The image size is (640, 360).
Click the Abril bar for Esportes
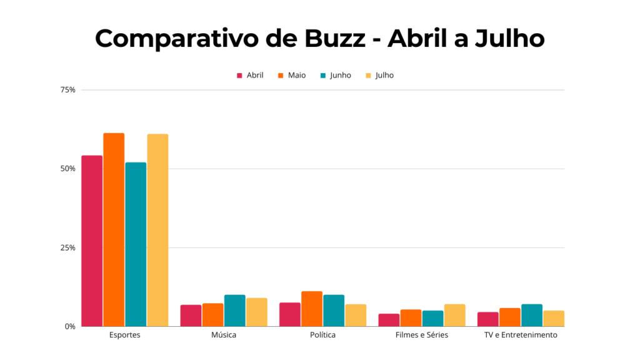coord(92,241)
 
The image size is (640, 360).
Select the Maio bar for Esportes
coord(114,229)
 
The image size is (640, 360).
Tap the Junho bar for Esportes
coord(136,244)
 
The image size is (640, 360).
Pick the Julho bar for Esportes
coord(157,230)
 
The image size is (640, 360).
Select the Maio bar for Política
coord(312,309)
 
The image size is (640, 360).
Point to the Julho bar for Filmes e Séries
coord(455,315)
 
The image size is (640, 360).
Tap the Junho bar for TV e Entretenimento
coord(532,315)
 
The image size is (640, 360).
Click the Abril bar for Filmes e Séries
coord(389,319)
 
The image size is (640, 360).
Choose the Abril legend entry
coord(250,76)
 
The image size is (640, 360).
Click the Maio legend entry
coord(292,76)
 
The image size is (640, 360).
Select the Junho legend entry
coord(336,76)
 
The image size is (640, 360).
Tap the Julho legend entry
coord(379,76)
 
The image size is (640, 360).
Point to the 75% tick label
coord(68,90)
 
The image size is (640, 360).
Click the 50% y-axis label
coord(68,169)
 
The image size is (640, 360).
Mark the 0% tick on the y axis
coord(70,326)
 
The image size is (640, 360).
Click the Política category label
coord(322,335)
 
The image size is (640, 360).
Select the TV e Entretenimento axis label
coord(521,335)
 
